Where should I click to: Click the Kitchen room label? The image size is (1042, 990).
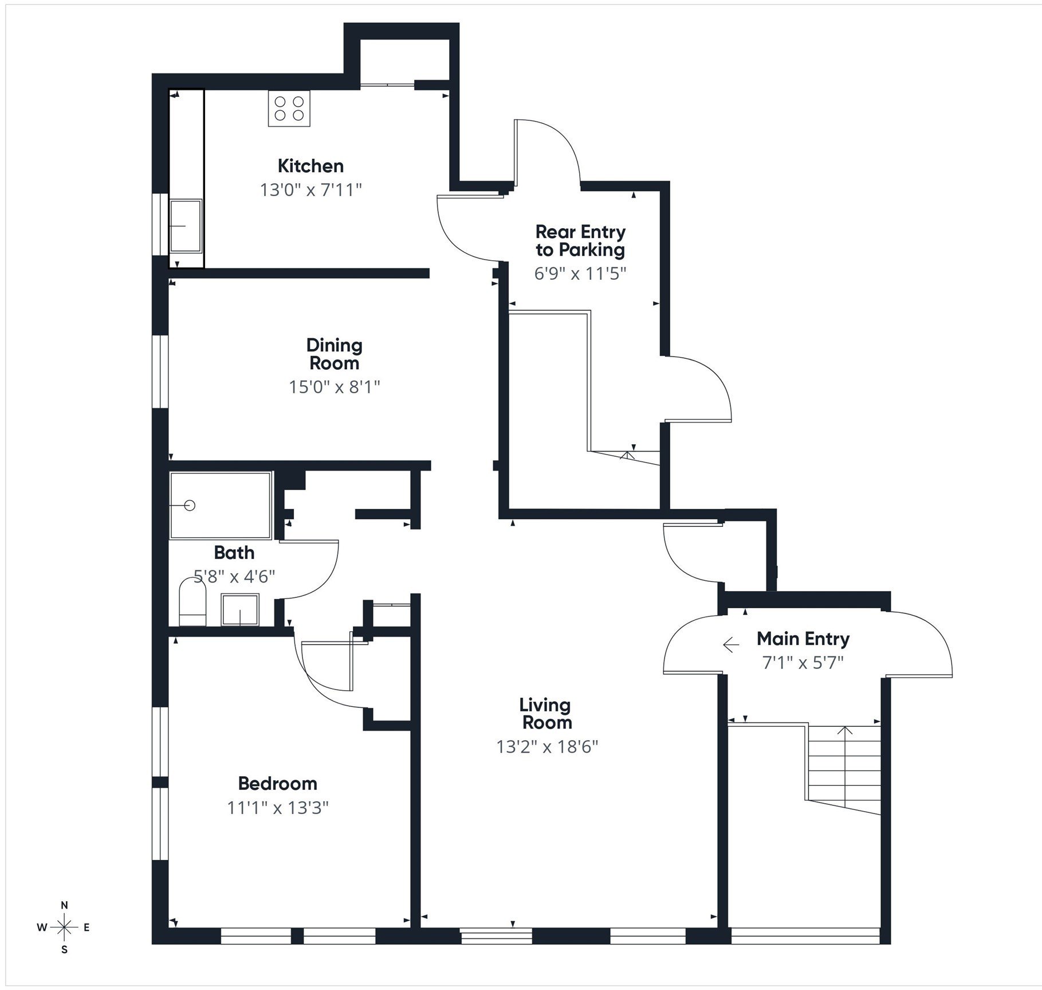(310, 166)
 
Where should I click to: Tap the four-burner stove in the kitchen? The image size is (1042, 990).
(289, 108)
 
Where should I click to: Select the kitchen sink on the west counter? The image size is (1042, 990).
(186, 225)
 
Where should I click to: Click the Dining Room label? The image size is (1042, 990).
(334, 354)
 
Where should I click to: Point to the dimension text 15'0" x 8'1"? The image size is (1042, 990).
(334, 387)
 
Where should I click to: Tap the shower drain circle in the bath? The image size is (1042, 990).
(190, 505)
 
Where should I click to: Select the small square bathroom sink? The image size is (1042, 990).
(240, 609)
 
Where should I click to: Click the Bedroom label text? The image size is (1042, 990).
(277, 783)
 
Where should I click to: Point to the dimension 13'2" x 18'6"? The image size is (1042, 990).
(546, 746)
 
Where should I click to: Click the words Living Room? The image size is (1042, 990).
(546, 713)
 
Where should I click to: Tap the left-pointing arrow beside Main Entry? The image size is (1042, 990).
(730, 645)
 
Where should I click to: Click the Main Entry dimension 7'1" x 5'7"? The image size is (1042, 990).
(803, 663)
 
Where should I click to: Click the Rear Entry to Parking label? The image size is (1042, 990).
(580, 241)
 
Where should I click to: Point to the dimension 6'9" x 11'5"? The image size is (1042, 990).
(580, 273)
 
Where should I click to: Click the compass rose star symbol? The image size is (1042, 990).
(65, 927)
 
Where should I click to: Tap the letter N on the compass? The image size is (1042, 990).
(65, 905)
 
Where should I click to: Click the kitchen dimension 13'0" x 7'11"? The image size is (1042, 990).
(310, 190)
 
